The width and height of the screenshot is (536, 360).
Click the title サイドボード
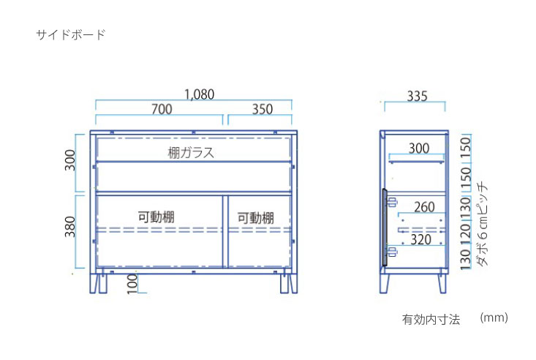71,34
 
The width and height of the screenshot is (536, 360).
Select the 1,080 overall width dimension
200,94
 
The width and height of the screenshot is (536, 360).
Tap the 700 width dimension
162,109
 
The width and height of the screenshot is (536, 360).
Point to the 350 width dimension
263,109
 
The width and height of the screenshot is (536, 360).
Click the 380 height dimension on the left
70,226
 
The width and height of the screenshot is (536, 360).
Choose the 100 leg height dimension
132,284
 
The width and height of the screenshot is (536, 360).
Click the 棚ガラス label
191,153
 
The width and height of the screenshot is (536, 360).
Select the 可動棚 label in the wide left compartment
156,217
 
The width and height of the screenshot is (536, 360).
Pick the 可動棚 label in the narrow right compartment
256,218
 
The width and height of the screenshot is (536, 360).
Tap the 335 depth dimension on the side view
417,96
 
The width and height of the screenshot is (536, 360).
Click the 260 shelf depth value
424,207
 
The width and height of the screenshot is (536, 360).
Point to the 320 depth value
420,239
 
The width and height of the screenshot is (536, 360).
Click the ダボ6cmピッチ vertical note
482,224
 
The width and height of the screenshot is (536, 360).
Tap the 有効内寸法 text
431,319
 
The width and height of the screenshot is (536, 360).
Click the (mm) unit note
494,318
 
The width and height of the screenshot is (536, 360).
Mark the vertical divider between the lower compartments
225,232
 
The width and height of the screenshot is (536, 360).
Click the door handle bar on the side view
385,228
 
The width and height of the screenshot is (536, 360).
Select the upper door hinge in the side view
392,202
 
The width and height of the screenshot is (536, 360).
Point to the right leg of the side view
442,282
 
